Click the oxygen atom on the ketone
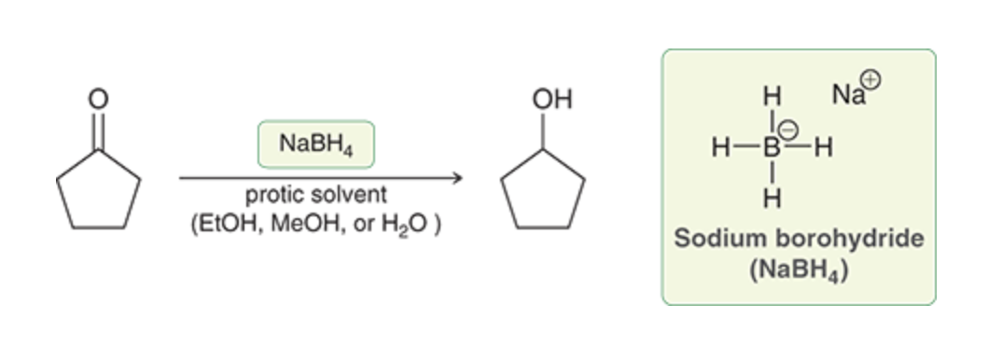point(98,99)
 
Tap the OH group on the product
point(552,100)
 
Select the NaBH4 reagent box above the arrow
point(315,145)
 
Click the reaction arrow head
point(457,178)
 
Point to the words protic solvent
point(315,194)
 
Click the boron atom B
point(772,148)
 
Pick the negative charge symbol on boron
point(788,131)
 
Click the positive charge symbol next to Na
point(870,80)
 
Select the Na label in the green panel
point(847,95)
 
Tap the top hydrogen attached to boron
point(772,96)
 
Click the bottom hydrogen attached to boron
point(772,200)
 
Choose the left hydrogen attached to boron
point(721,148)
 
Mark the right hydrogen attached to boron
point(823,148)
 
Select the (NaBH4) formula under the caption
point(799,270)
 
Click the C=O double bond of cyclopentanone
point(98,131)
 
